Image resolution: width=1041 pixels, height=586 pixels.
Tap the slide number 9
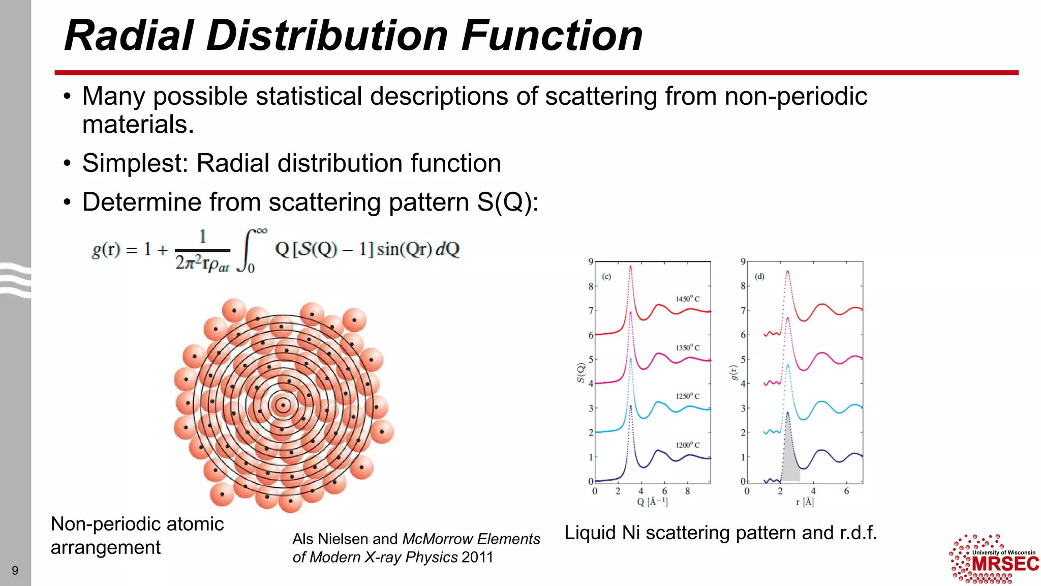point(15,570)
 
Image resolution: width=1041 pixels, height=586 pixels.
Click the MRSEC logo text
point(1005,564)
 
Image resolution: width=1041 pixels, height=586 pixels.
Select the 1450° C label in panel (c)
point(687,299)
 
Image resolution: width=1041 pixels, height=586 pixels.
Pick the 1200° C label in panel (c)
point(687,445)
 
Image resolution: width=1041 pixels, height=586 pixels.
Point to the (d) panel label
point(759,277)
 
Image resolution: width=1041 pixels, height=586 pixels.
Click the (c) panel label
point(606,277)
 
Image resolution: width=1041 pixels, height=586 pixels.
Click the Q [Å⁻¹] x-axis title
point(652,502)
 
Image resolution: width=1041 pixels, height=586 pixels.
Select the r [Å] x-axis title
point(805,502)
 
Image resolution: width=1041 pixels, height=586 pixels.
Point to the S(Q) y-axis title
point(580,372)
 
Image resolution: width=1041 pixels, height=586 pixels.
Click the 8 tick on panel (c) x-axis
point(687,491)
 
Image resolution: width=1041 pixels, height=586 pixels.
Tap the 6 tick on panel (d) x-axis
point(846,491)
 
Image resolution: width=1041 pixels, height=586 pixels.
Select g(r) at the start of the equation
point(106,250)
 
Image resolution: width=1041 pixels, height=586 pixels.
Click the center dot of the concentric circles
point(283,405)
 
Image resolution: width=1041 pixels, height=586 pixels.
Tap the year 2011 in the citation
point(477,558)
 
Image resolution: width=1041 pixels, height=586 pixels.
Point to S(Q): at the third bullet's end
point(507,202)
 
